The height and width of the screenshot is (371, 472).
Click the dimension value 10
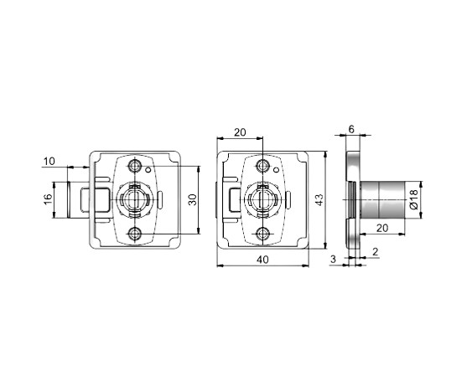click(49, 162)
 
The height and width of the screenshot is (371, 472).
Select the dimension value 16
click(48, 199)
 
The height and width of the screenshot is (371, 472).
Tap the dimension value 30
click(193, 200)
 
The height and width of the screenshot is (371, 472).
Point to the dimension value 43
click(319, 200)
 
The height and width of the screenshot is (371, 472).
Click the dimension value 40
click(262, 260)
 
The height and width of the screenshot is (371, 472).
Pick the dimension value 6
click(351, 129)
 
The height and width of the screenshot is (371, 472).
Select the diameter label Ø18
click(414, 199)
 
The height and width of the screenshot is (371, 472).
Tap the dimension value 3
click(333, 259)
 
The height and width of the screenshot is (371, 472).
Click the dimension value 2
click(375, 251)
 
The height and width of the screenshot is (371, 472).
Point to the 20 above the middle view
click(240, 132)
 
